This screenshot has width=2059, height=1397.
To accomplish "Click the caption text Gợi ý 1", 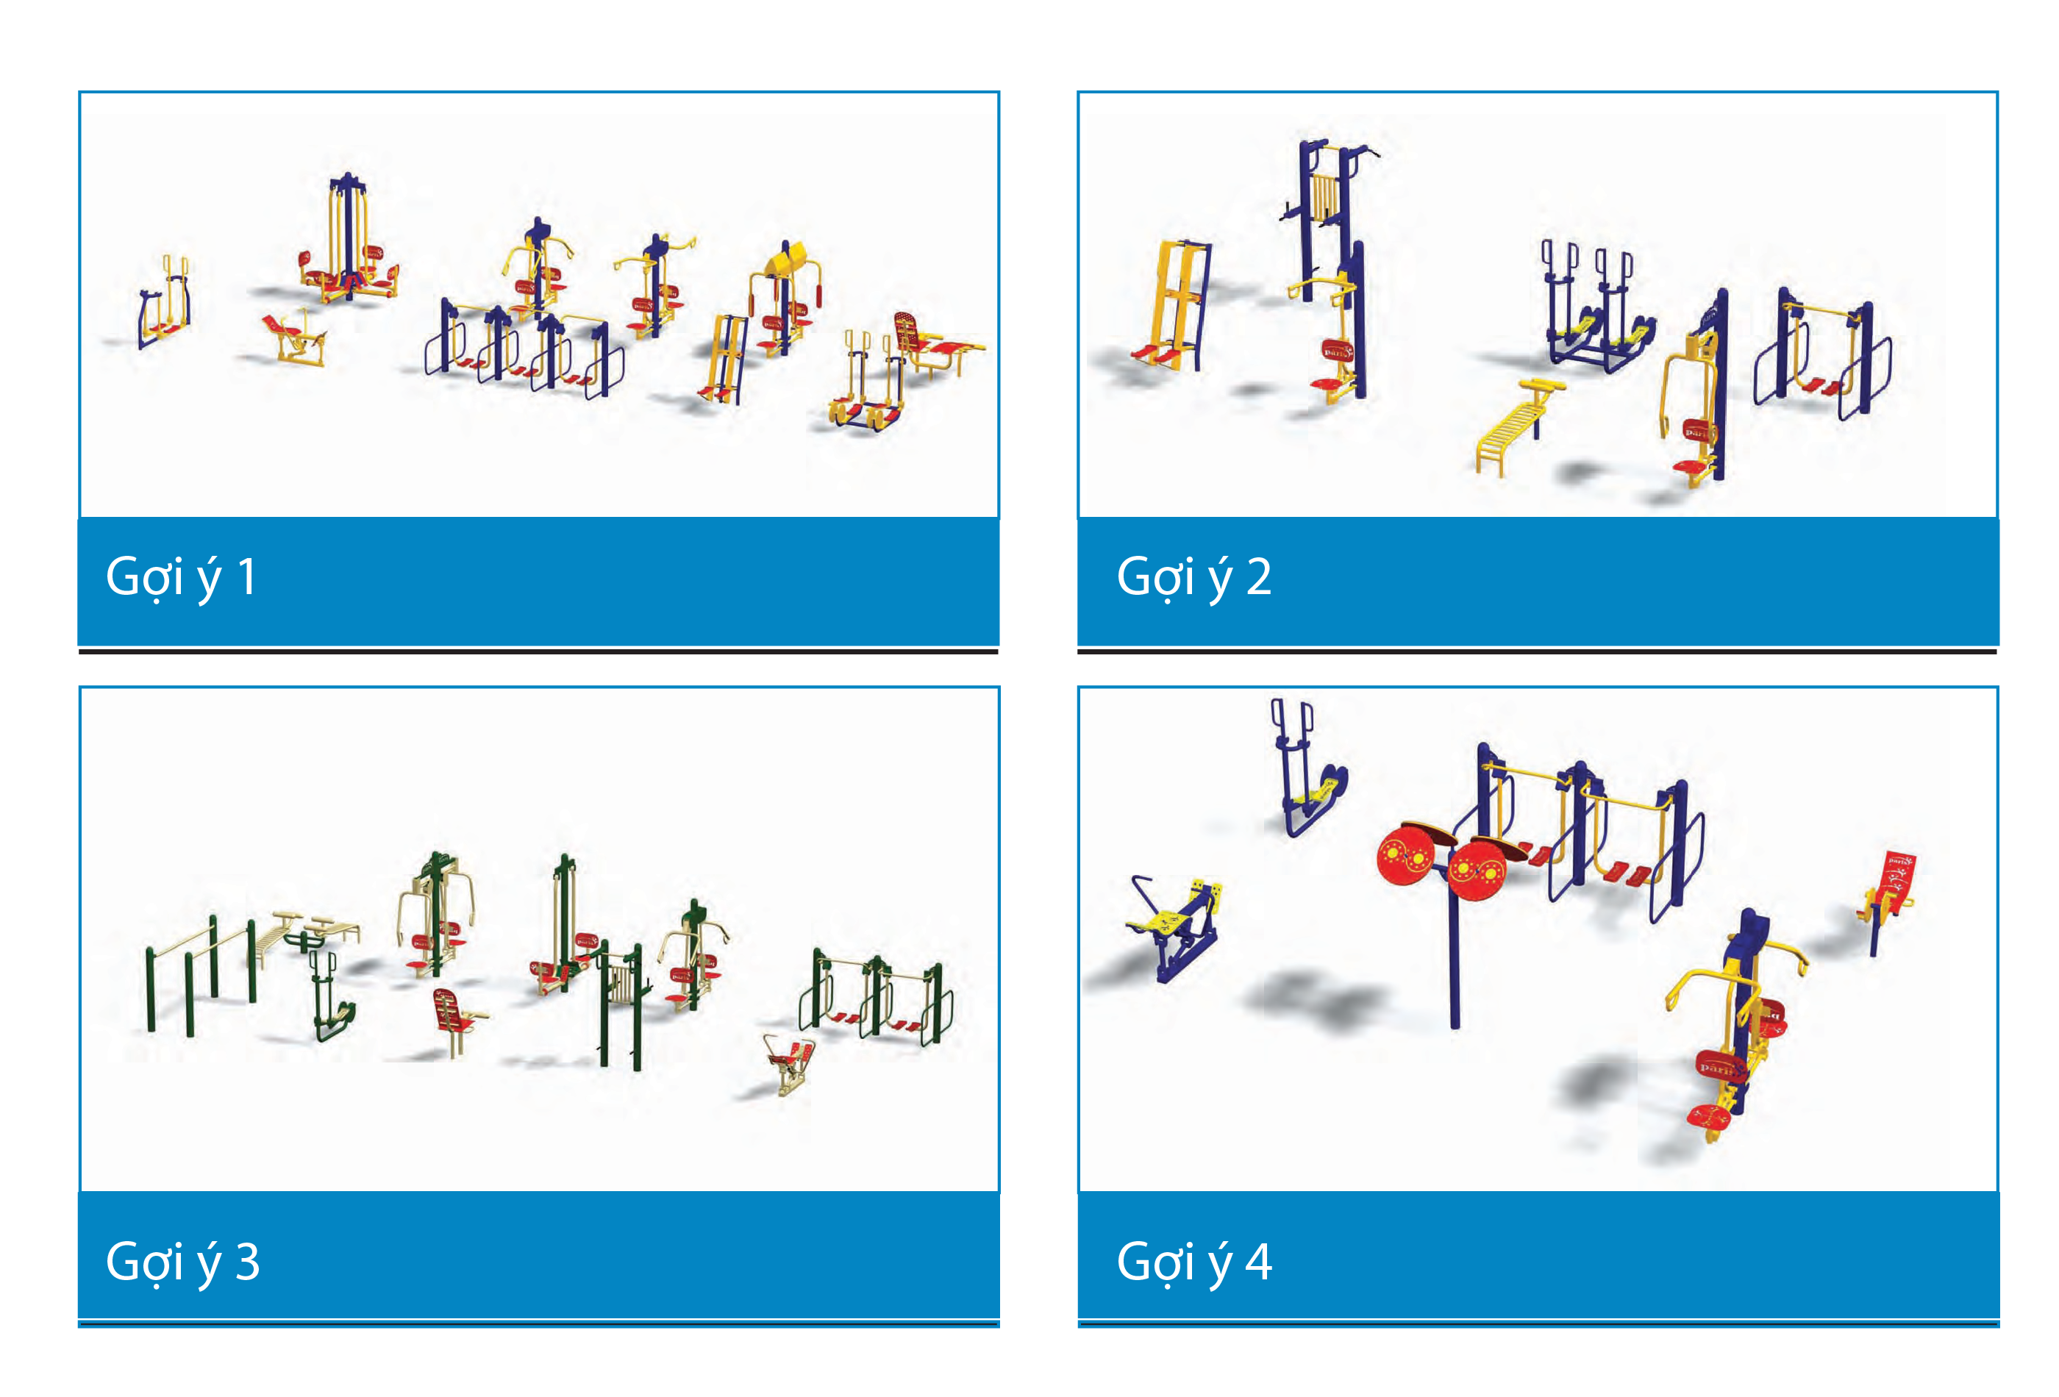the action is point(181,578).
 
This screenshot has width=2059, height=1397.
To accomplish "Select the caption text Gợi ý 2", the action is point(1193,578).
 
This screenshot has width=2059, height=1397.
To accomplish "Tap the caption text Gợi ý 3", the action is point(182,1262).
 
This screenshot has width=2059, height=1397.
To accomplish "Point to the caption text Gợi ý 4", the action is point(1193,1262).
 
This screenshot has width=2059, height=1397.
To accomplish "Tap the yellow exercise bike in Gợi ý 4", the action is point(1174,926).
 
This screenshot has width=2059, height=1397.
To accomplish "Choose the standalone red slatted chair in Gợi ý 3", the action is point(456,1021).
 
